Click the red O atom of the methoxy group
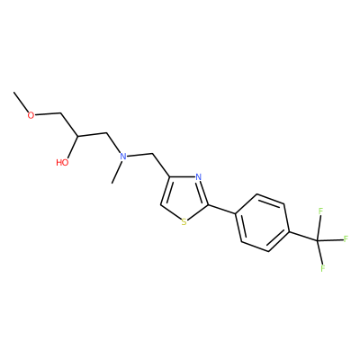point(31,115)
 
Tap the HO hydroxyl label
point(62,163)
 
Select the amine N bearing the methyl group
point(122,156)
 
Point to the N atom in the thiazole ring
point(198,177)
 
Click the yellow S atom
point(184,222)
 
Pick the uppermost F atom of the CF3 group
point(320,211)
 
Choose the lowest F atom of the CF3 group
point(323,268)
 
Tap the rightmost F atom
point(346,239)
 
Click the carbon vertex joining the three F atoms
point(317,240)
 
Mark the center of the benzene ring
point(263,222)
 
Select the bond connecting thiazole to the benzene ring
point(222,210)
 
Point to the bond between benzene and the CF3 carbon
point(303,236)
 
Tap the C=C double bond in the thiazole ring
point(166,191)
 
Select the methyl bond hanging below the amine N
point(116,172)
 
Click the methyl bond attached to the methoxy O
point(22,102)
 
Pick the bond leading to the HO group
point(72,147)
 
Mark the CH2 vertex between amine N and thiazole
point(153,154)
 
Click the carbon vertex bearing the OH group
point(77,136)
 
